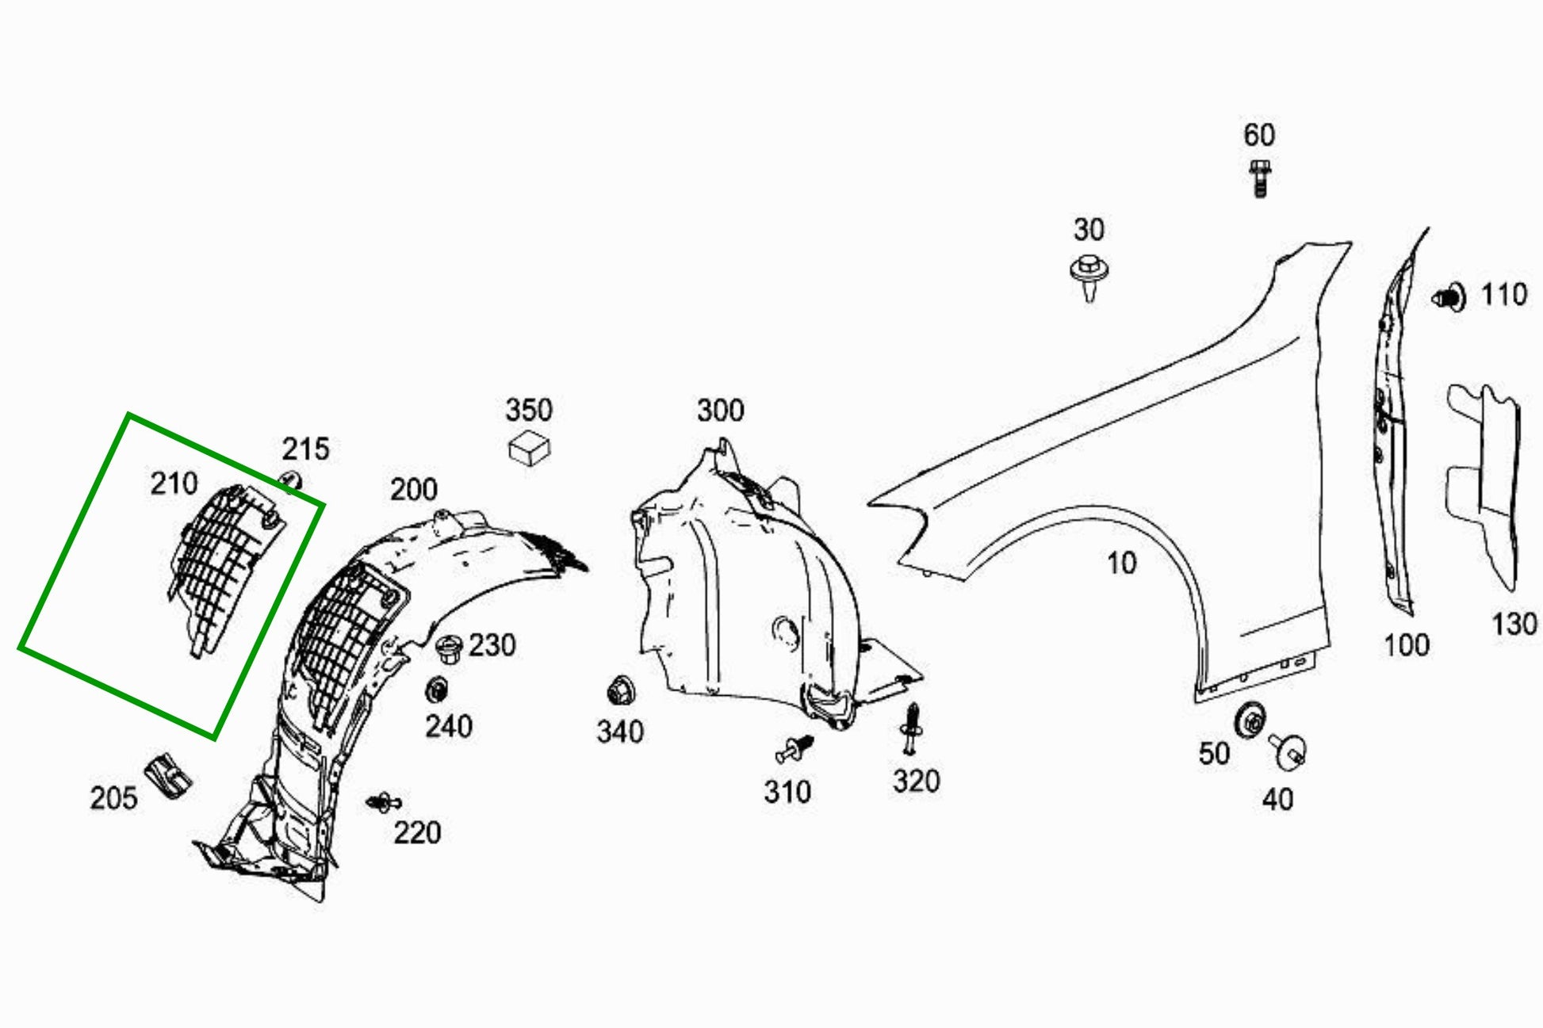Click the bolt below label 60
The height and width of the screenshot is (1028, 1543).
click(1259, 178)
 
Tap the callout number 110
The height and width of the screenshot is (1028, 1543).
click(1503, 295)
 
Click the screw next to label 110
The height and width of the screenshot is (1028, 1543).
click(1449, 297)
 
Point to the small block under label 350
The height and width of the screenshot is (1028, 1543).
click(529, 449)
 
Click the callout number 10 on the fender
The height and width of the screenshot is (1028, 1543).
click(1121, 563)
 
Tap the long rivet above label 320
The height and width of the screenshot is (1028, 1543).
click(912, 728)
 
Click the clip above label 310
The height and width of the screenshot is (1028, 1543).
click(796, 747)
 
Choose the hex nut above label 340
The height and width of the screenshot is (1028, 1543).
click(618, 692)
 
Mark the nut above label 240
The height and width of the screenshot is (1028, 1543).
click(436, 690)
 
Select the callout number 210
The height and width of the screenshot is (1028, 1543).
click(174, 483)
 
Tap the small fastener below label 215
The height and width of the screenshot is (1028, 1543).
click(289, 481)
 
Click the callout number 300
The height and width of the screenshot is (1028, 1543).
click(720, 410)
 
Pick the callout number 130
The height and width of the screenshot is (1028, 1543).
click(1514, 624)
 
